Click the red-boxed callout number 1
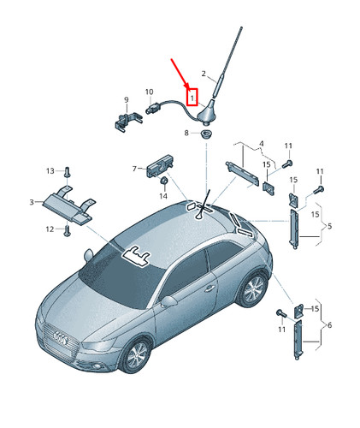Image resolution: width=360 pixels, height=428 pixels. coord(192,98)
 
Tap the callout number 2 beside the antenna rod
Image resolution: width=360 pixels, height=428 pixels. coord(204,74)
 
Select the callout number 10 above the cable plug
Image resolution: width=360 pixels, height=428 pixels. coord(149,92)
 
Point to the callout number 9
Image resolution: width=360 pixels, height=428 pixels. coord(127,100)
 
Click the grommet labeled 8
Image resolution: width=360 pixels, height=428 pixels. coord(205,134)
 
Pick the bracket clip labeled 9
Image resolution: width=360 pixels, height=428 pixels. coord(127,122)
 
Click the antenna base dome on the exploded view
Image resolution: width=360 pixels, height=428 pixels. coord(207,114)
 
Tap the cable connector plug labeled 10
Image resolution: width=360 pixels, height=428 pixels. coord(152,109)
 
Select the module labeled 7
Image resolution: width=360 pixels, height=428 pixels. coord(160,165)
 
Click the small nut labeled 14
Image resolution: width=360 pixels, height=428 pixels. coord(163,181)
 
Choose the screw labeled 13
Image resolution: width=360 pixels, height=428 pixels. coord(67,172)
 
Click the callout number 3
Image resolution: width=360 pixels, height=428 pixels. coord(32,202)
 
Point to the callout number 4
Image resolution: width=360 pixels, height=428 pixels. coord(262,143)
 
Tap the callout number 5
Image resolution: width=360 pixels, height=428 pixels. coord(329,226)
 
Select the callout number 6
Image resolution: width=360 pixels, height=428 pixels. coord(329,325)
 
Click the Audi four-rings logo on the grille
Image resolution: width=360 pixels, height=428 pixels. coord(61,338)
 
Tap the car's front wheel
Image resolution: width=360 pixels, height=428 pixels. coord(137,354)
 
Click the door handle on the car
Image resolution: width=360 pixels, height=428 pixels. coord(210,288)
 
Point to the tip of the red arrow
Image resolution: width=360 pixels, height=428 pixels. coord(188,88)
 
